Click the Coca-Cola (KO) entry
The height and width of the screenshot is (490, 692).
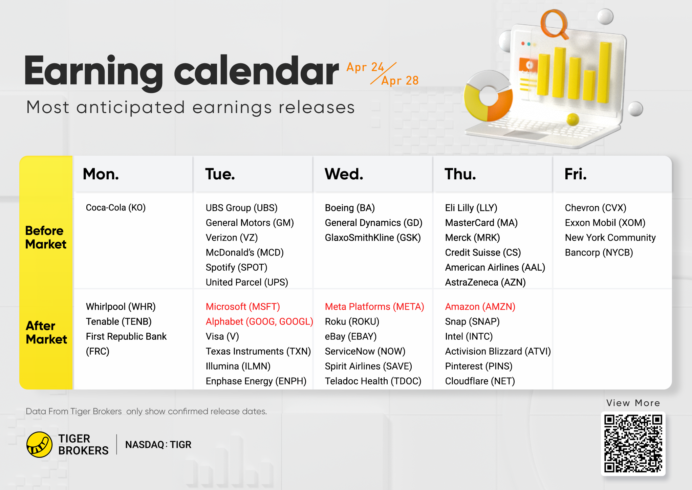[116, 207]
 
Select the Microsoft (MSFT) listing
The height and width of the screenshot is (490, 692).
[243, 307]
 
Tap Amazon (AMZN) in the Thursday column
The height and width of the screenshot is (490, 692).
[480, 307]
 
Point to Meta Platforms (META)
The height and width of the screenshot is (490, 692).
[374, 307]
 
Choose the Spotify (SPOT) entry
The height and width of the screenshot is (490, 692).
[237, 267]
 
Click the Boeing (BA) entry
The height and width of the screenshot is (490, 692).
[350, 208]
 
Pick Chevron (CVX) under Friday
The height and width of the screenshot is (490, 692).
[596, 208]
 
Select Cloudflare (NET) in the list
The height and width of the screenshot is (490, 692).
[480, 381]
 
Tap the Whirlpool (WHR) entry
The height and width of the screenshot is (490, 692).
[121, 307]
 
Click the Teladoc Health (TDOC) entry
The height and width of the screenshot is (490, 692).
[373, 381]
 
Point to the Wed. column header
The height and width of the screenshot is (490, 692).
[344, 174]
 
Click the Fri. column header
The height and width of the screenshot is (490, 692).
[576, 174]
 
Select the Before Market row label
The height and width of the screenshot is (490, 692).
[46, 238]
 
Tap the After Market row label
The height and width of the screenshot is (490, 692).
[46, 332]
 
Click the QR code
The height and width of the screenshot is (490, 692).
[633, 444]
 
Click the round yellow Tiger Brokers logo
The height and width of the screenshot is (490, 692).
[39, 445]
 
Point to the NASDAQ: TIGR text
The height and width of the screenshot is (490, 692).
[158, 445]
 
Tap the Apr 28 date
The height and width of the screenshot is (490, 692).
[400, 81]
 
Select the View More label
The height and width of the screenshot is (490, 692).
[633, 403]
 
